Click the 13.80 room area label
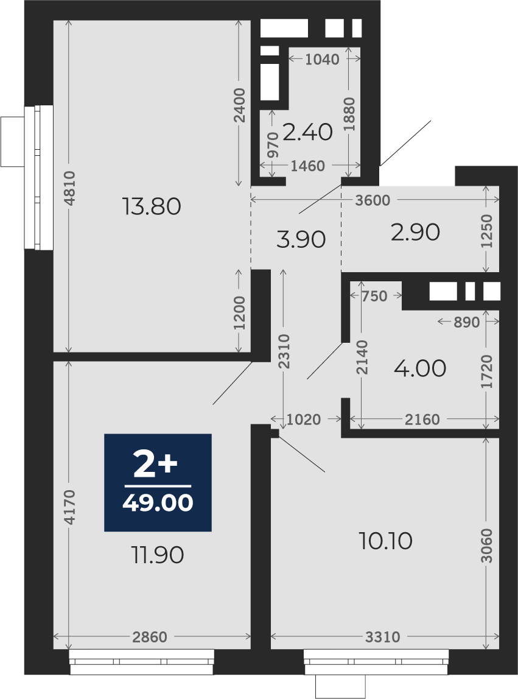pyautogui.click(x=152, y=206)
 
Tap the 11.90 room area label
pyautogui.click(x=158, y=555)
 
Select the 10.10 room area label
pyautogui.click(x=385, y=541)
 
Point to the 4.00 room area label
pyautogui.click(x=420, y=368)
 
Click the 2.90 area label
pyautogui.click(x=415, y=232)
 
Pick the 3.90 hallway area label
pyautogui.click(x=301, y=239)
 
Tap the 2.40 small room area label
pyautogui.click(x=307, y=132)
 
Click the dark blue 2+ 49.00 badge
pyautogui.click(x=158, y=482)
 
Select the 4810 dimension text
pyautogui.click(x=69, y=188)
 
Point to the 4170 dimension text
pyautogui.click(x=69, y=507)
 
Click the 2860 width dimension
pyautogui.click(x=150, y=637)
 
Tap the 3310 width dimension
pyautogui.click(x=382, y=637)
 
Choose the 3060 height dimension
pyautogui.click(x=487, y=546)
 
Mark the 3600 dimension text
pyautogui.click(x=373, y=200)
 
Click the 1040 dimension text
pyautogui.click(x=322, y=59)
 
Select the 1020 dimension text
pyautogui.click(x=304, y=420)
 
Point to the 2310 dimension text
pyautogui.click(x=284, y=351)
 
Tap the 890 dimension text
pyautogui.click(x=467, y=322)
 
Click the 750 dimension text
pyautogui.click(x=374, y=296)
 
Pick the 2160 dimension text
pyautogui.click(x=422, y=420)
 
